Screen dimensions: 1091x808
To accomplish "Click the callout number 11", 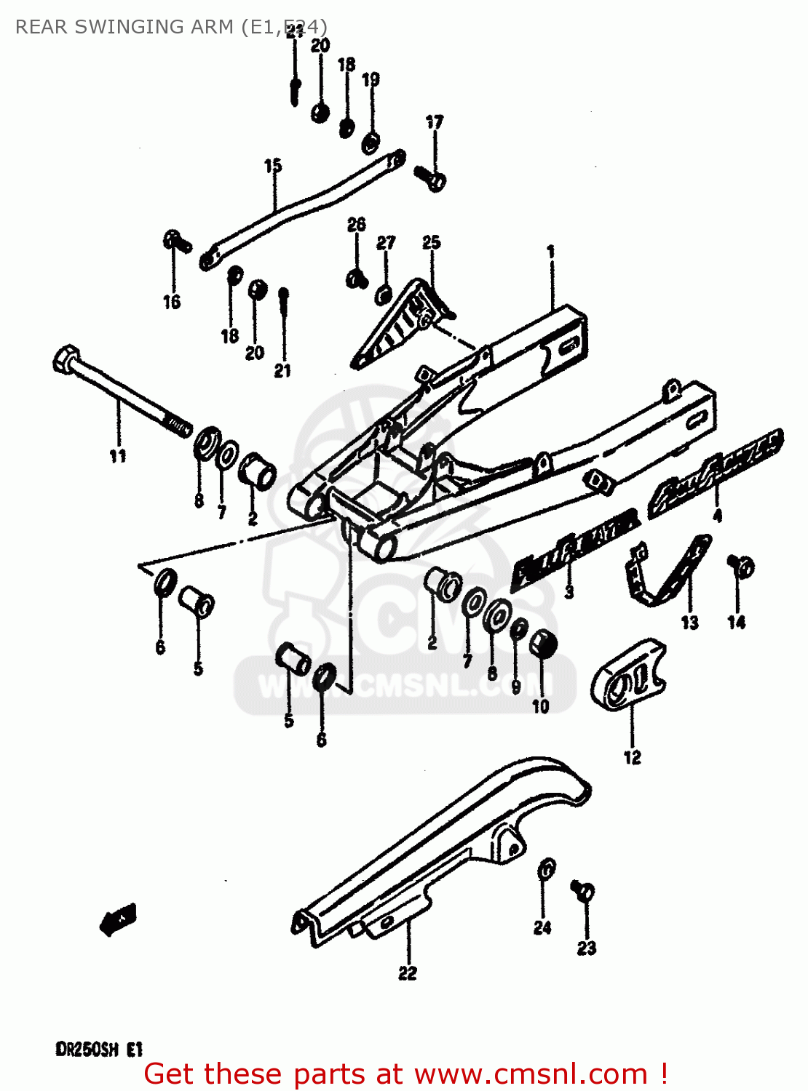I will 118,456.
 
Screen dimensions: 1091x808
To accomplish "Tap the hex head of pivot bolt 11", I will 65,359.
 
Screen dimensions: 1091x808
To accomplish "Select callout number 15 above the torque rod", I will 273,166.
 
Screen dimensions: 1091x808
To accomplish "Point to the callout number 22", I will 408,972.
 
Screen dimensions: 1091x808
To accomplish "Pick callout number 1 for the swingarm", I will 551,252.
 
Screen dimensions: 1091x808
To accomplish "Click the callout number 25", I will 432,242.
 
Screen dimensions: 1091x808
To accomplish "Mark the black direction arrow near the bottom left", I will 118,919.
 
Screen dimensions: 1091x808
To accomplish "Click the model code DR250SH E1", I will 99,1049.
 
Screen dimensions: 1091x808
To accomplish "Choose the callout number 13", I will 689,623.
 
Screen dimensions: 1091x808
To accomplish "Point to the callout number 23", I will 587,948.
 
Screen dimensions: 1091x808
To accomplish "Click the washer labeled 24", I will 546,869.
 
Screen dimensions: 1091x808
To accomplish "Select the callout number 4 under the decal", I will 717,516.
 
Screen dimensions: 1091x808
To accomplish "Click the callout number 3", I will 569,591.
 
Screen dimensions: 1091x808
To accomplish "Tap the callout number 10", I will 540,706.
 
